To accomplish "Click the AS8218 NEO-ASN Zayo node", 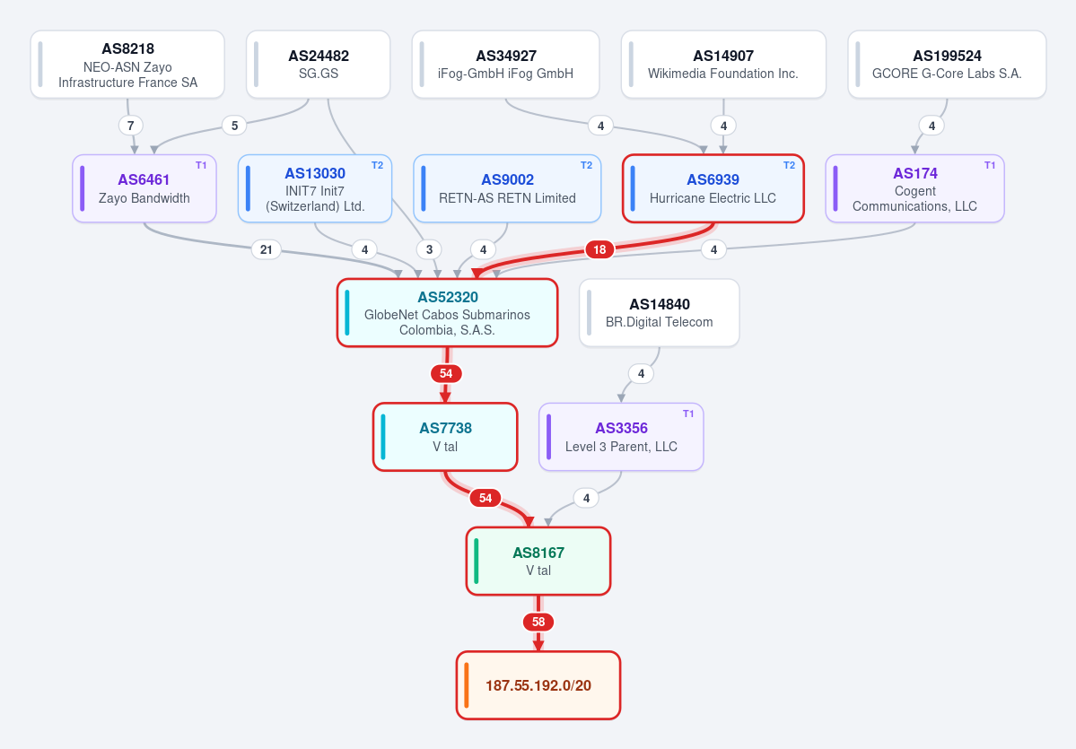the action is pos(127,65).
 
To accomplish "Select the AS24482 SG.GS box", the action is pos(319,65).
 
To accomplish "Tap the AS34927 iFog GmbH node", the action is pos(506,65).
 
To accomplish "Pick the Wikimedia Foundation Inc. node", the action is pos(723,65).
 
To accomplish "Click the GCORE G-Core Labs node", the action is pos(947,65).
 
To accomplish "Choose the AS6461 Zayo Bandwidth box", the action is pos(144,188).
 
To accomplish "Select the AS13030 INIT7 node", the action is pos(315,188).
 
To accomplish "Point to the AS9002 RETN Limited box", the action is pos(507,188).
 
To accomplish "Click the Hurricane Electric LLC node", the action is pos(713,188).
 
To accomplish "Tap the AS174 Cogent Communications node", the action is pos(914,188).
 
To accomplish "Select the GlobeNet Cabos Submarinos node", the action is pos(448,313).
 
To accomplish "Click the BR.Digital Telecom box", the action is pos(660,313).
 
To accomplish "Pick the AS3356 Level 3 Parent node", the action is pos(621,437).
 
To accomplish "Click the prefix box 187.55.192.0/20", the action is pos(538,685).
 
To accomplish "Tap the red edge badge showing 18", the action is pos(599,249).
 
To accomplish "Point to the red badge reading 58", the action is pos(538,623).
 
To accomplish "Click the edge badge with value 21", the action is pos(267,249).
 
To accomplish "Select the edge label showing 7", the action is pos(131,126).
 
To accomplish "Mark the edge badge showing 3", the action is pos(430,249).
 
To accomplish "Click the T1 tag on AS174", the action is pos(990,165).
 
